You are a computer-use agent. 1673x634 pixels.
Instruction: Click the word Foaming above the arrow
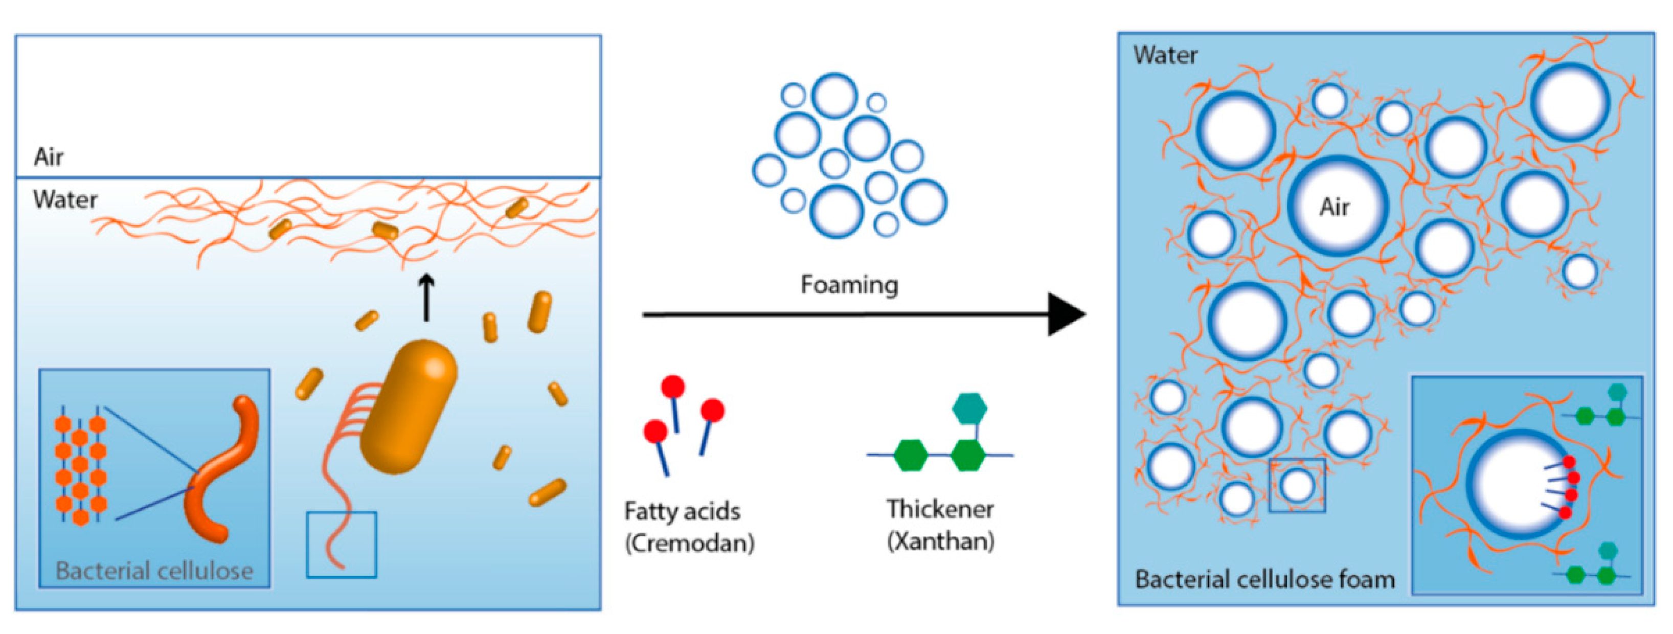tap(849, 284)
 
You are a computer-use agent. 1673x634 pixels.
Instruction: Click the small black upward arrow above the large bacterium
tap(426, 298)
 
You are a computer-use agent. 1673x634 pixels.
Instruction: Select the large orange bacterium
tap(409, 406)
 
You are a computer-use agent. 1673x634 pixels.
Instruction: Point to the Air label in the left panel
tap(49, 157)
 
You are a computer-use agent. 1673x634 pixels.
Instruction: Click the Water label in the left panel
tap(65, 199)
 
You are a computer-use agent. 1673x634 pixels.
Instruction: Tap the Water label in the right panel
tap(1165, 55)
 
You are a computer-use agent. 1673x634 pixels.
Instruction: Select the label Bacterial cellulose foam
tap(1264, 579)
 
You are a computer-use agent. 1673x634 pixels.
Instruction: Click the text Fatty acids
tap(682, 511)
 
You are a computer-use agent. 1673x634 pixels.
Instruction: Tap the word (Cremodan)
tap(689, 542)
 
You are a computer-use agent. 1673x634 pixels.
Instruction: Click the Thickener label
tap(940, 509)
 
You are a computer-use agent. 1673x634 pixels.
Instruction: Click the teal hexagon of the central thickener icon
tap(969, 408)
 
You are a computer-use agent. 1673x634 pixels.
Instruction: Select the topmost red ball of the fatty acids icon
tap(673, 387)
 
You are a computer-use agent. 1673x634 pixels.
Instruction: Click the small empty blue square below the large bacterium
tap(342, 545)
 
